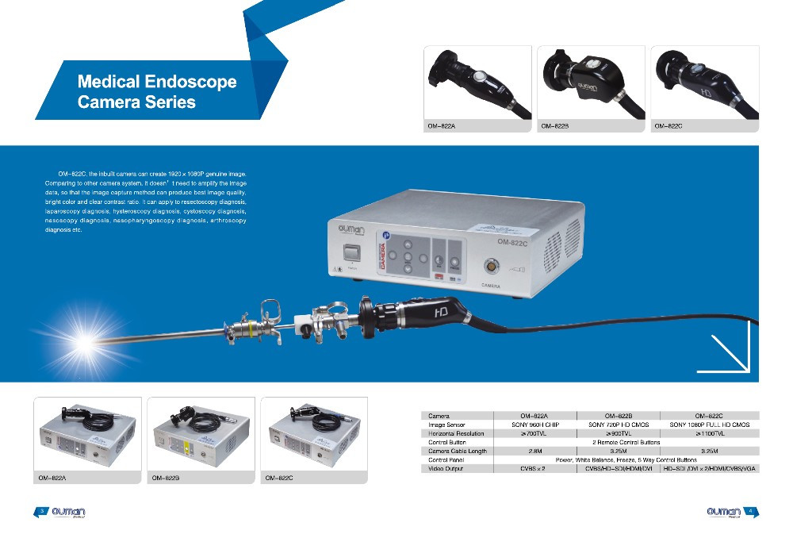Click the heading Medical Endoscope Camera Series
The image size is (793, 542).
[136, 91]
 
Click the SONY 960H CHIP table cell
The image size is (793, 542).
[534, 425]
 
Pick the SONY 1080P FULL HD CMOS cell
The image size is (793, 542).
[709, 425]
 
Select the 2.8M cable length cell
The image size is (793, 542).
[534, 451]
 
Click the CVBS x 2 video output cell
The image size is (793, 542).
[534, 469]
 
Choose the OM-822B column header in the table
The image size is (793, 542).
[618, 415]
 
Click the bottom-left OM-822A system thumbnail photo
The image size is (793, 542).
[87, 434]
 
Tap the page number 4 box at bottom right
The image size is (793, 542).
[749, 511]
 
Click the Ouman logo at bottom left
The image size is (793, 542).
[67, 512]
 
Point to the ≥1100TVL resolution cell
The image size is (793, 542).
[709, 433]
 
